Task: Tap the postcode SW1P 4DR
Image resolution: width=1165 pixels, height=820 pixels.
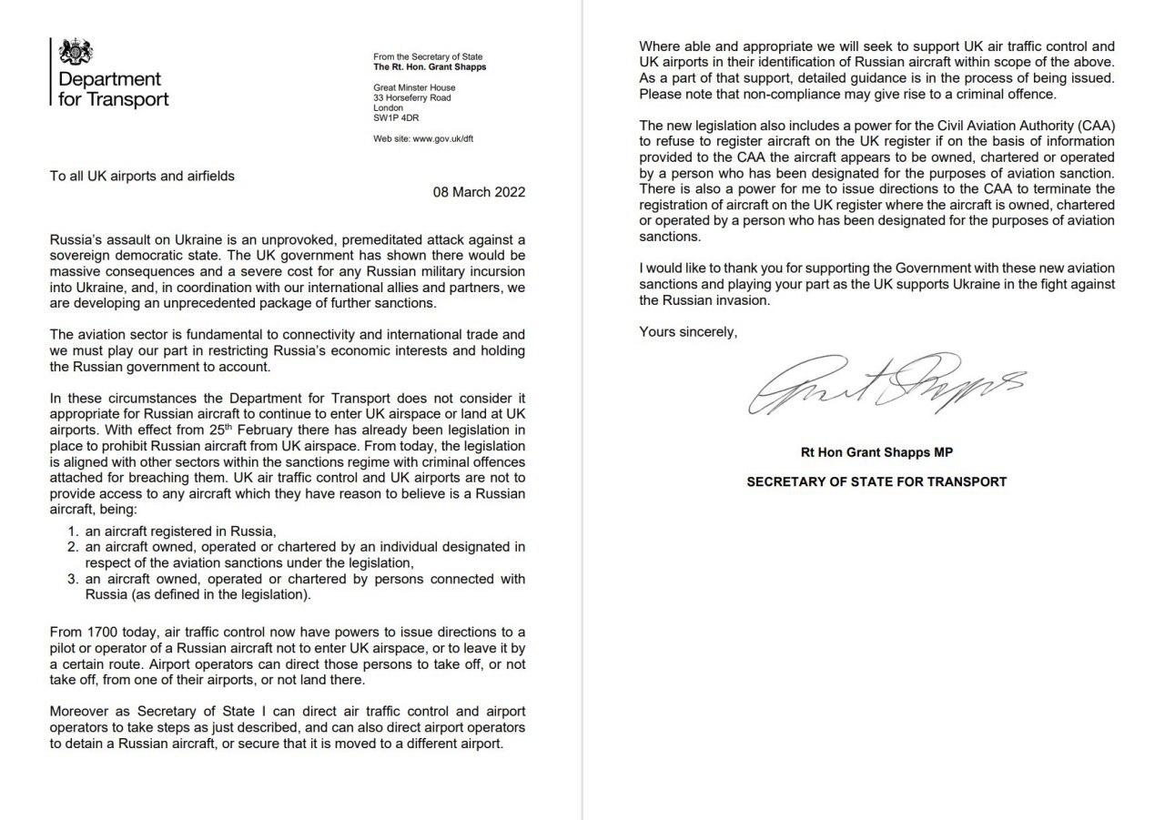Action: coord(396,117)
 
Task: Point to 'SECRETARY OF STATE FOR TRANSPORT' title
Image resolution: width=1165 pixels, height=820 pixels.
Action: coord(876,481)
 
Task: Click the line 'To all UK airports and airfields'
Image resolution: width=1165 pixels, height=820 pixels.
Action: coord(142,176)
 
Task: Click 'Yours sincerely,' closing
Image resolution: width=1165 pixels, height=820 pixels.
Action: coord(688,332)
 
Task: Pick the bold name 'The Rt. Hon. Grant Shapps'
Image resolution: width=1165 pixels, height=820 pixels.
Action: coord(430,67)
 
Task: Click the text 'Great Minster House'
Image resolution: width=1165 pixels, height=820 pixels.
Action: coord(414,88)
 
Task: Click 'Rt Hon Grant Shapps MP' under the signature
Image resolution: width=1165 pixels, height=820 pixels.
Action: coord(876,453)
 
